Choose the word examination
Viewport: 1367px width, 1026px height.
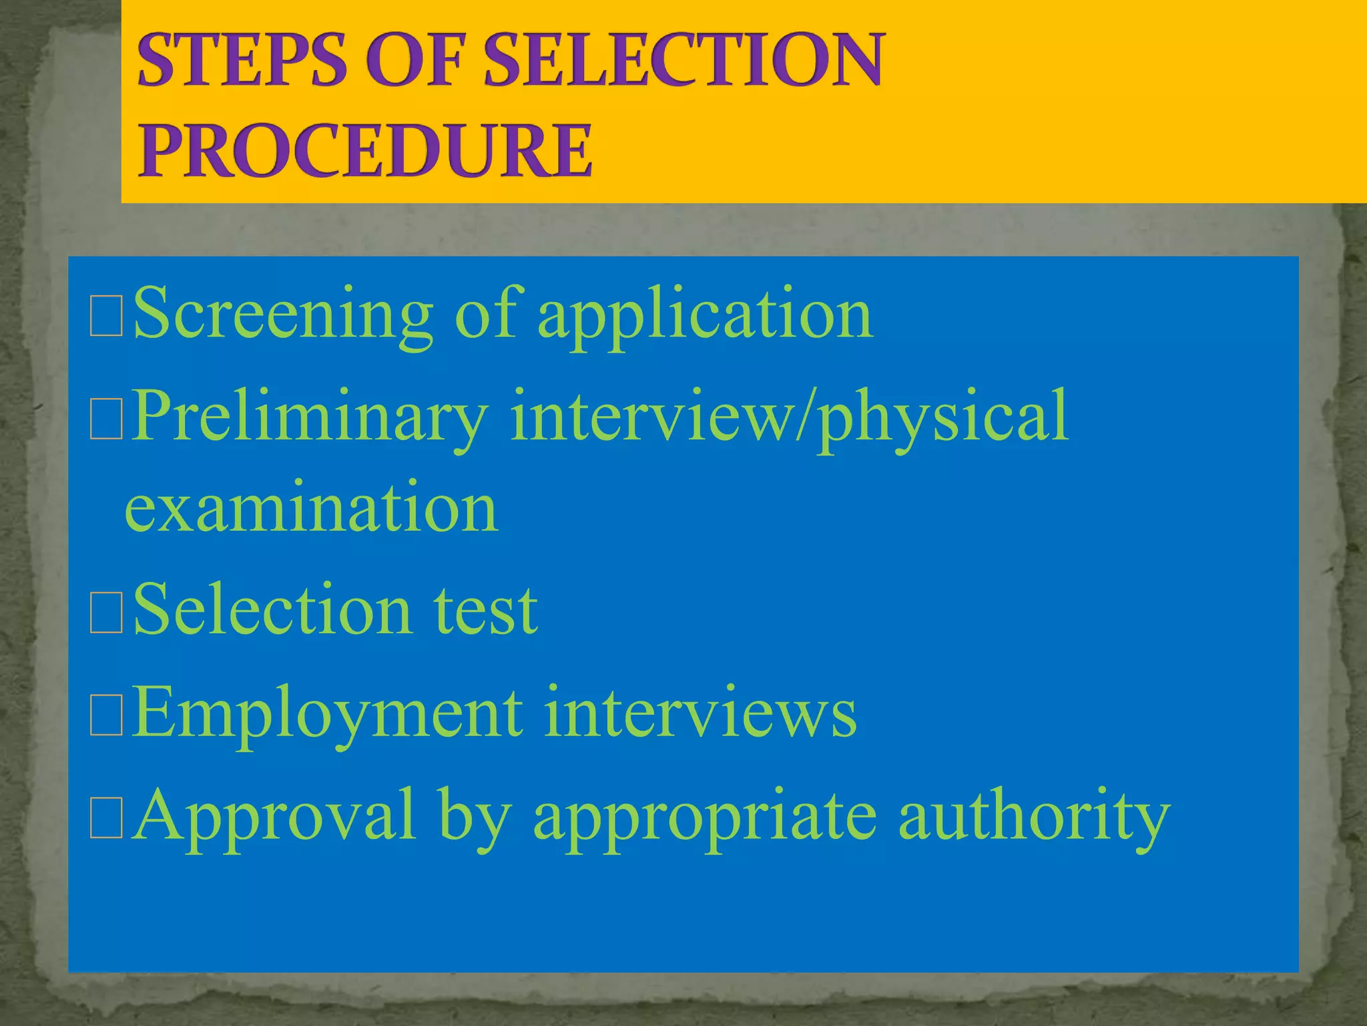click(311, 508)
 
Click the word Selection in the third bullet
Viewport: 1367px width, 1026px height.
click(272, 609)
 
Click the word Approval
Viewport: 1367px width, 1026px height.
click(274, 816)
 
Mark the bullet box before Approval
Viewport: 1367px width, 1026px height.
click(106, 819)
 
